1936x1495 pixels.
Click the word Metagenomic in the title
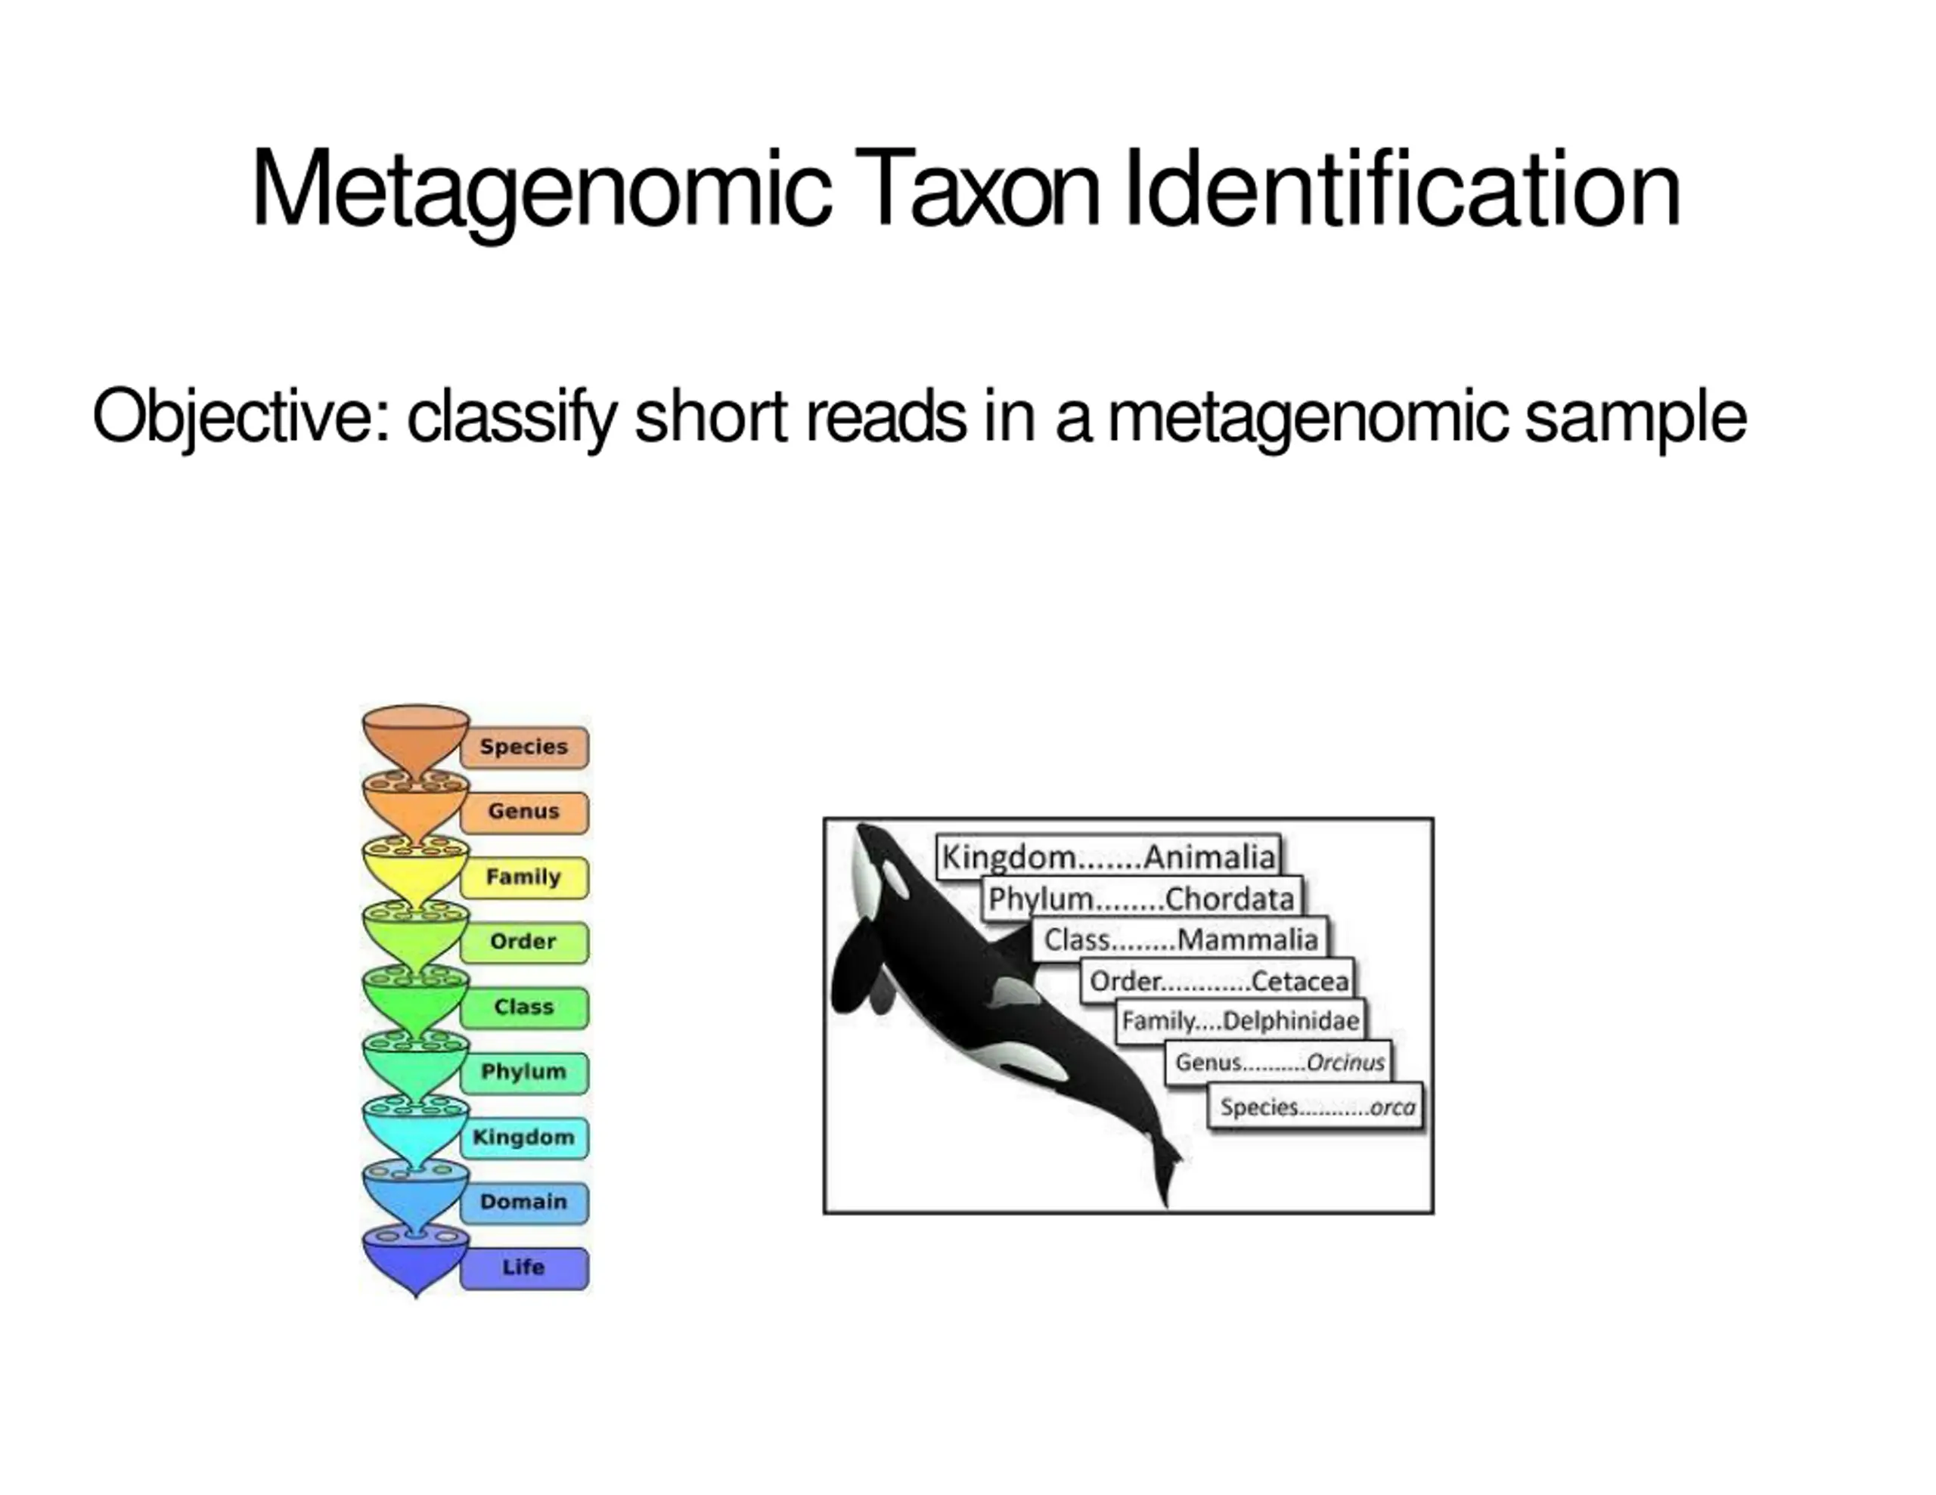coord(541,190)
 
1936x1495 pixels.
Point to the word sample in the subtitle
coord(1636,416)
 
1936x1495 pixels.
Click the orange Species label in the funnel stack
coord(524,747)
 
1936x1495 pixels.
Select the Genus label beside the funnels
coord(524,812)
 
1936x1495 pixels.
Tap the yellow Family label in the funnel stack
coord(524,877)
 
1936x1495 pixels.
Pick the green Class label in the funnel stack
coord(524,1007)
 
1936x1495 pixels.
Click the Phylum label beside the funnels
coord(524,1072)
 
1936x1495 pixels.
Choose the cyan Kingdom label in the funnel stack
coord(524,1137)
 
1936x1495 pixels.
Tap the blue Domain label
coord(524,1202)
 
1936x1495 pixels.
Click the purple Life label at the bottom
coord(524,1267)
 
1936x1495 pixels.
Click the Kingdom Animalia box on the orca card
coord(1108,857)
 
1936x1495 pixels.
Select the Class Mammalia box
coord(1180,939)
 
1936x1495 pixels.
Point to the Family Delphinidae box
coord(1240,1021)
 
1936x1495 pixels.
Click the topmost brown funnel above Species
coord(416,735)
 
